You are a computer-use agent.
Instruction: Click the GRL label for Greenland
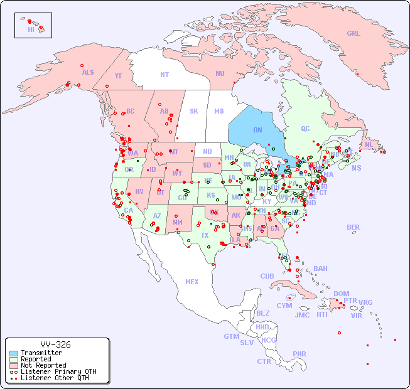point(353,34)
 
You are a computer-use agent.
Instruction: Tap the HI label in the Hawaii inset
point(31,29)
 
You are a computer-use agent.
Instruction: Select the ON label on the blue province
point(257,130)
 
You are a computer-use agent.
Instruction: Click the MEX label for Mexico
point(192,282)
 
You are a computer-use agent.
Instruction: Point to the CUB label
point(267,276)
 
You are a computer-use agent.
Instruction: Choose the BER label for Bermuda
point(353,227)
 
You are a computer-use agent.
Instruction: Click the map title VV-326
point(55,344)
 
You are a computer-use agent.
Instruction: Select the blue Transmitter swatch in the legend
point(14,353)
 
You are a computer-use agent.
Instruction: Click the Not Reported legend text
point(43,365)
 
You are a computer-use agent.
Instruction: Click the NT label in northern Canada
point(165,75)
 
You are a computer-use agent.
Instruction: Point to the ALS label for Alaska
point(88,72)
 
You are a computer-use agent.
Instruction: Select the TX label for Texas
point(205,235)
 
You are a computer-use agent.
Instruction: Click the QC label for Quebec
point(305,129)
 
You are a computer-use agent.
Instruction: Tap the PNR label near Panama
point(299,354)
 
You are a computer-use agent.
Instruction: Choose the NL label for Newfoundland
point(369,144)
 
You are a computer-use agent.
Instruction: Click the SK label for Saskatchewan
point(194,111)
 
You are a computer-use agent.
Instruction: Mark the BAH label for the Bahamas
point(320,269)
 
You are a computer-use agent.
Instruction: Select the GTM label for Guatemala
point(231,336)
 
